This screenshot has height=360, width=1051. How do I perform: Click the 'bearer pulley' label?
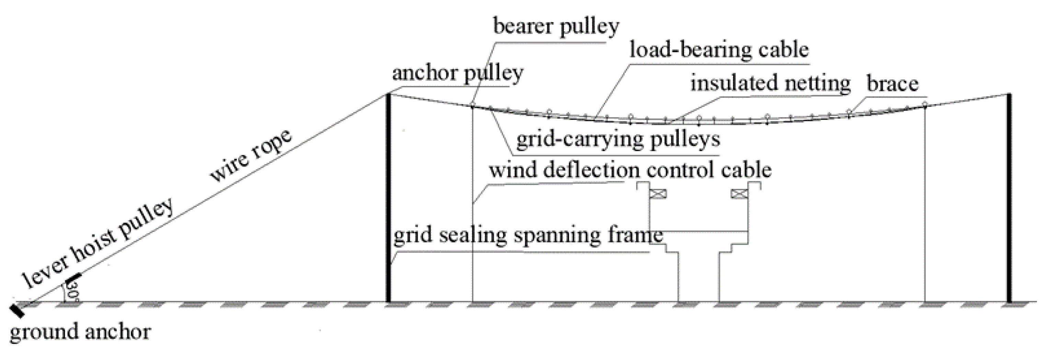tap(556, 27)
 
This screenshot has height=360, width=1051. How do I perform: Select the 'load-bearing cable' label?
tap(719, 50)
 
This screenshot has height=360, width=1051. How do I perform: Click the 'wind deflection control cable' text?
tap(630, 170)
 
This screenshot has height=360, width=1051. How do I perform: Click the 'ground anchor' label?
tap(80, 331)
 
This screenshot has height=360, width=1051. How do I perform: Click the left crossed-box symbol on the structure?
tap(658, 194)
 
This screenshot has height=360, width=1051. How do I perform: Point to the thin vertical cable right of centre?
tap(925, 204)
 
